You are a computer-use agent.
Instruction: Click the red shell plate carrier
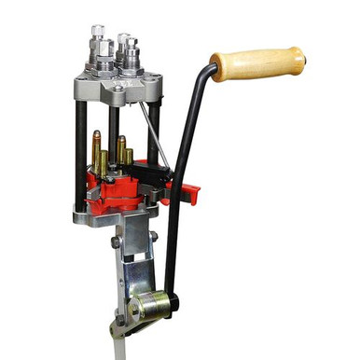tap(117, 191)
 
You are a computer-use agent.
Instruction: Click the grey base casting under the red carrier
tap(112, 216)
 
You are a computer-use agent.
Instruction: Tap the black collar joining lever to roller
tap(172, 300)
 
